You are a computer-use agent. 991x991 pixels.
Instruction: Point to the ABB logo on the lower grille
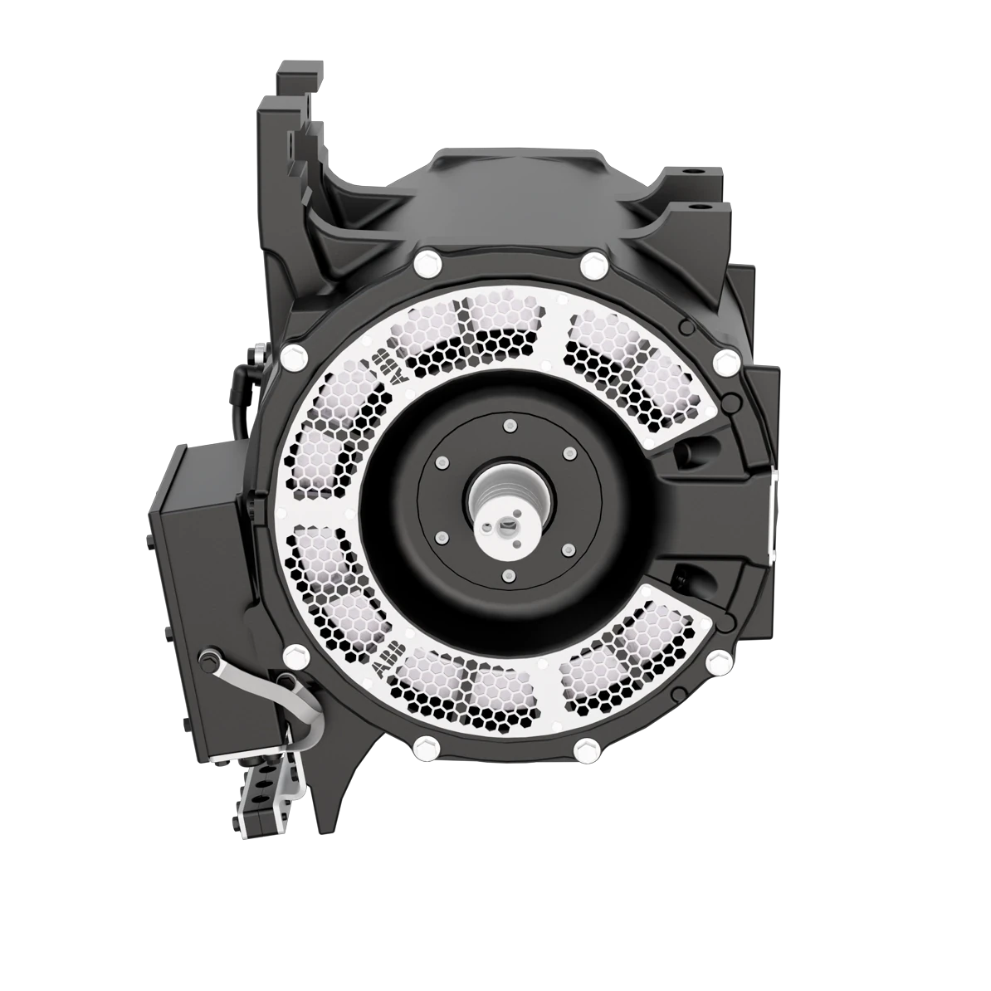(387, 661)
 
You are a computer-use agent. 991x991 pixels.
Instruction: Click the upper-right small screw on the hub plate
(569, 454)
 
